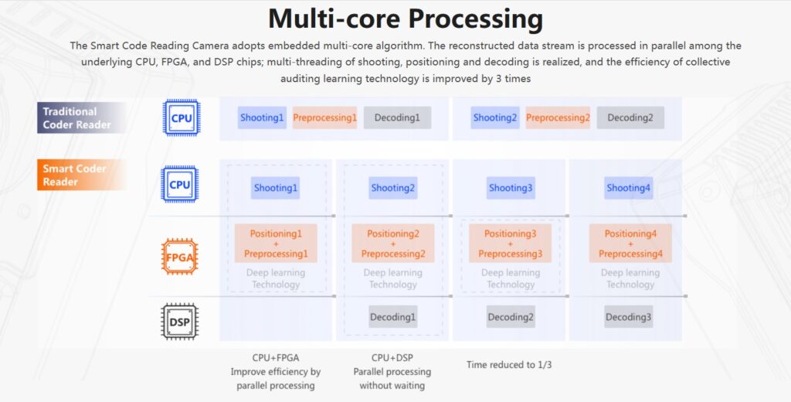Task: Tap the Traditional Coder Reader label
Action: tap(77, 118)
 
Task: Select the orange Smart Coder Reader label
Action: tap(75, 175)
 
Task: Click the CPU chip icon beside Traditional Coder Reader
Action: tap(180, 118)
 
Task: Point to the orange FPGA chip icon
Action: tap(180, 257)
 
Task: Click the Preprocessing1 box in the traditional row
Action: tap(324, 118)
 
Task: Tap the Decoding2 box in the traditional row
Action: tap(630, 118)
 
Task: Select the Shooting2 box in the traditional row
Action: tap(495, 118)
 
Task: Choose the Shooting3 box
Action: tap(511, 188)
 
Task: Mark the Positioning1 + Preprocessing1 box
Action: tap(276, 244)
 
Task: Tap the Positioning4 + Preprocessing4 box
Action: tap(630, 244)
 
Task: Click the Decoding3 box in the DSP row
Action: tap(628, 317)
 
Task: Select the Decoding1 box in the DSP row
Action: tap(392, 317)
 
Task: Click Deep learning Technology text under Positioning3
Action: tap(511, 278)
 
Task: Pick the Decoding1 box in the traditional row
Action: tap(397, 118)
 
